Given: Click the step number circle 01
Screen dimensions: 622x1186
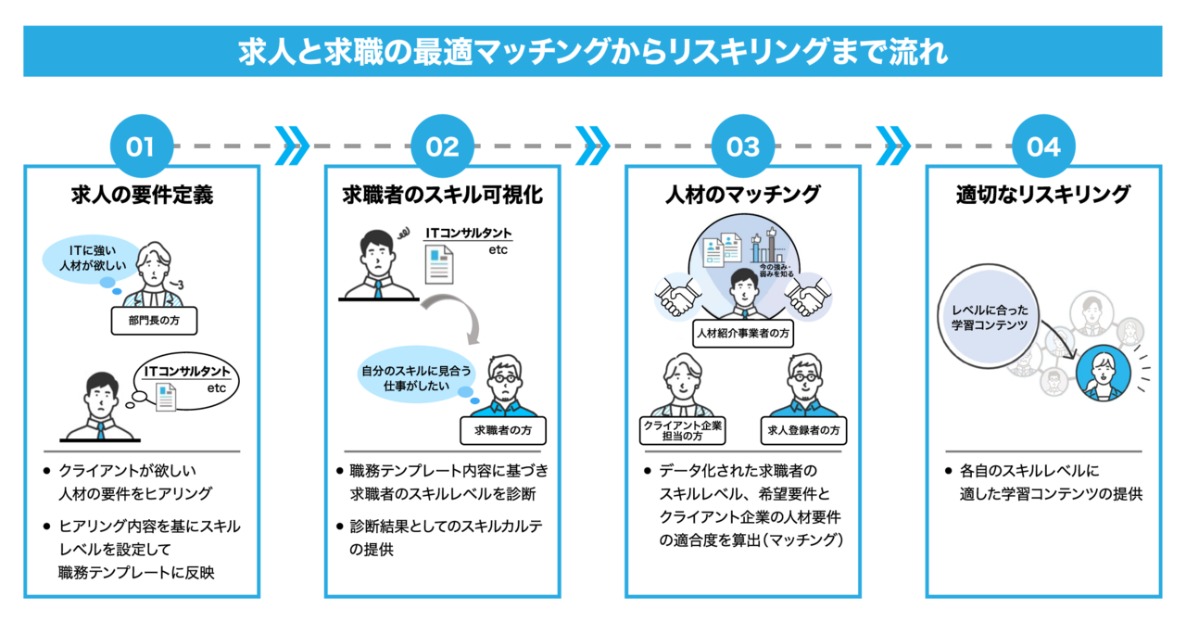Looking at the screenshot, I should [x=141, y=146].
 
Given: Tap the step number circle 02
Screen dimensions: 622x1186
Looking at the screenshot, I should [x=442, y=146].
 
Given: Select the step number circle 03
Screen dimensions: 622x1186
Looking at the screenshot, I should [x=743, y=146].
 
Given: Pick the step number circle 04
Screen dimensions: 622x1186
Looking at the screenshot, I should [x=1044, y=146].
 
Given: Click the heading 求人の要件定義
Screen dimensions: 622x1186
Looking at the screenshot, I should [x=142, y=195].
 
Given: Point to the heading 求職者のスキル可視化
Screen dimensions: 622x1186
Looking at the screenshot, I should [x=442, y=195].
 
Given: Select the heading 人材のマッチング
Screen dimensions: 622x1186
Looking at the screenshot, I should [x=743, y=195].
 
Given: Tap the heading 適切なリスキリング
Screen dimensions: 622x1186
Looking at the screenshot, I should [x=1043, y=195].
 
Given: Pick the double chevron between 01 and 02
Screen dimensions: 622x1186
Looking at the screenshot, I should [x=292, y=146].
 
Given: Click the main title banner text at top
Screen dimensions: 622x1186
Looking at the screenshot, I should [x=593, y=51].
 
